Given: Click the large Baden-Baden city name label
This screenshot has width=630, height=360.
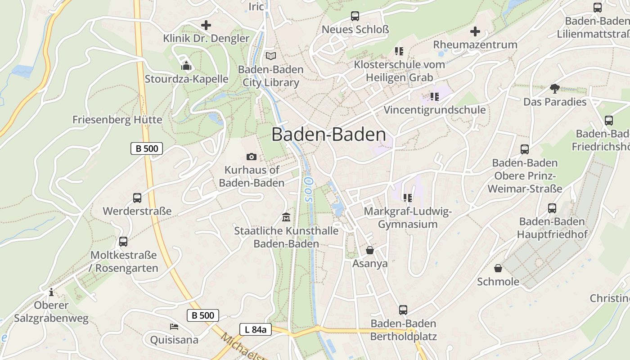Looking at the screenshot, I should click(328, 135).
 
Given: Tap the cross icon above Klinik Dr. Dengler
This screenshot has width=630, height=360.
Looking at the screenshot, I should click(206, 25).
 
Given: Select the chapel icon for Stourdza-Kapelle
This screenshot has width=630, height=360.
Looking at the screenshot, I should click(186, 66).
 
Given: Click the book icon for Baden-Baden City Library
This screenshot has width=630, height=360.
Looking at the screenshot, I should click(270, 56).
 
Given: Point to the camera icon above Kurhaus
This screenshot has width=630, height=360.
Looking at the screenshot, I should click(252, 157).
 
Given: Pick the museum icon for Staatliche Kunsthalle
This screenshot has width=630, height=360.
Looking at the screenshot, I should click(286, 217).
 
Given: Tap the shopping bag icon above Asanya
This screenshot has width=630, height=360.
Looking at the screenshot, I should click(370, 250).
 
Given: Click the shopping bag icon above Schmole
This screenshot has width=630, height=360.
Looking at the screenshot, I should click(498, 269).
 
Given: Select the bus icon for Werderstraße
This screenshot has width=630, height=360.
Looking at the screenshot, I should click(137, 198).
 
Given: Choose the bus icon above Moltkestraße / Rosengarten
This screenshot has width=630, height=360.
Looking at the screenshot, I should click(123, 242).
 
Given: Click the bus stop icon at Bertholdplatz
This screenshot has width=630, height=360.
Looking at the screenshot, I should click(403, 310).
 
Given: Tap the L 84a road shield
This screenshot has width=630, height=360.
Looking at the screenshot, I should click(256, 329).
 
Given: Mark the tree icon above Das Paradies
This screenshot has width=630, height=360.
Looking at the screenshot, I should click(554, 89).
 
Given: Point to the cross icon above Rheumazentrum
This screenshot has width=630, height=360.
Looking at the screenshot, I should click(475, 31).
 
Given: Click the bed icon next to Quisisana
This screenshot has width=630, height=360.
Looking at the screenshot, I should click(174, 326).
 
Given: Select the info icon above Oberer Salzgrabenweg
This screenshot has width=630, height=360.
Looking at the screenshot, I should click(51, 292).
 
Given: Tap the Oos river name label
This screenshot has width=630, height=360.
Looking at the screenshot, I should click(308, 189).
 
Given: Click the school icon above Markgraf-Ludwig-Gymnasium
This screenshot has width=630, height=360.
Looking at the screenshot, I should click(408, 198).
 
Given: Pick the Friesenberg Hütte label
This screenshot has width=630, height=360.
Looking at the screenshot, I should click(117, 120).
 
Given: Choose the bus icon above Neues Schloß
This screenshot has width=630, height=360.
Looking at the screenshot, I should click(355, 16).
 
